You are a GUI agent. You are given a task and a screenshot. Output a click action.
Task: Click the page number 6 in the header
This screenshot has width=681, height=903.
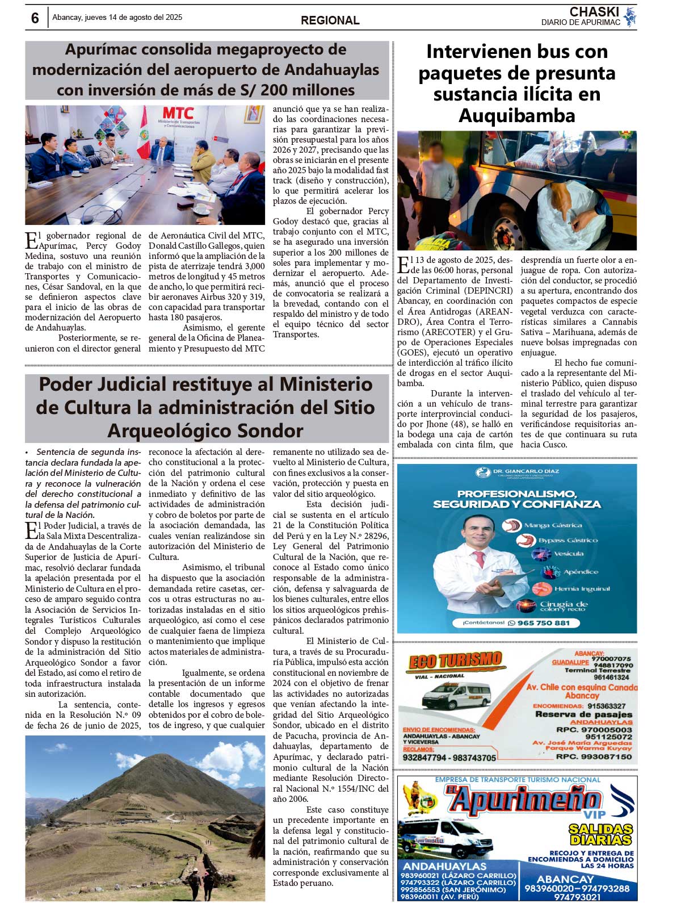[35, 18]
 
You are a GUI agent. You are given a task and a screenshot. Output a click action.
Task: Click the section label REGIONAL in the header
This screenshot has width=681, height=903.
[330, 20]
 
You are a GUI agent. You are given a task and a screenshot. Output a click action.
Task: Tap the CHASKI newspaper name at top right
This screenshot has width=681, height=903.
[594, 11]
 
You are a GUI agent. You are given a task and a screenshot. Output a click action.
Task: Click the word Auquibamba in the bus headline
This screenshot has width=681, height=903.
[516, 116]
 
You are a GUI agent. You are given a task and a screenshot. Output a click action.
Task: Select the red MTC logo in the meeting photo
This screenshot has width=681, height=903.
[178, 114]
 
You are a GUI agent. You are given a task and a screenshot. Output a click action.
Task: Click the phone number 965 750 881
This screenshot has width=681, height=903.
[543, 623]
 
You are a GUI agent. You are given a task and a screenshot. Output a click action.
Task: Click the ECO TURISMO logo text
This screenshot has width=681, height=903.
[455, 660]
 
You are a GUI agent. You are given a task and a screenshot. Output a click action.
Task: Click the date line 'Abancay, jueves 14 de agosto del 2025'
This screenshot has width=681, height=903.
[117, 18]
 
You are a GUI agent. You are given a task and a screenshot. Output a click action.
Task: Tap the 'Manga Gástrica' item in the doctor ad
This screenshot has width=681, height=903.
[553, 525]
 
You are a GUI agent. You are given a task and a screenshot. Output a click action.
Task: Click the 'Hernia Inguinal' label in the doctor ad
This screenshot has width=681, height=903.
[574, 589]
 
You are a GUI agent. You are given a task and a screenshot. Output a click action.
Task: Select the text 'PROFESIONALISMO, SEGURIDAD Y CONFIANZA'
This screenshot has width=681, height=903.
[516, 499]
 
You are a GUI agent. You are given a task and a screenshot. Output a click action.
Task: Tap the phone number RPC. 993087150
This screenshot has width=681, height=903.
[594, 756]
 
